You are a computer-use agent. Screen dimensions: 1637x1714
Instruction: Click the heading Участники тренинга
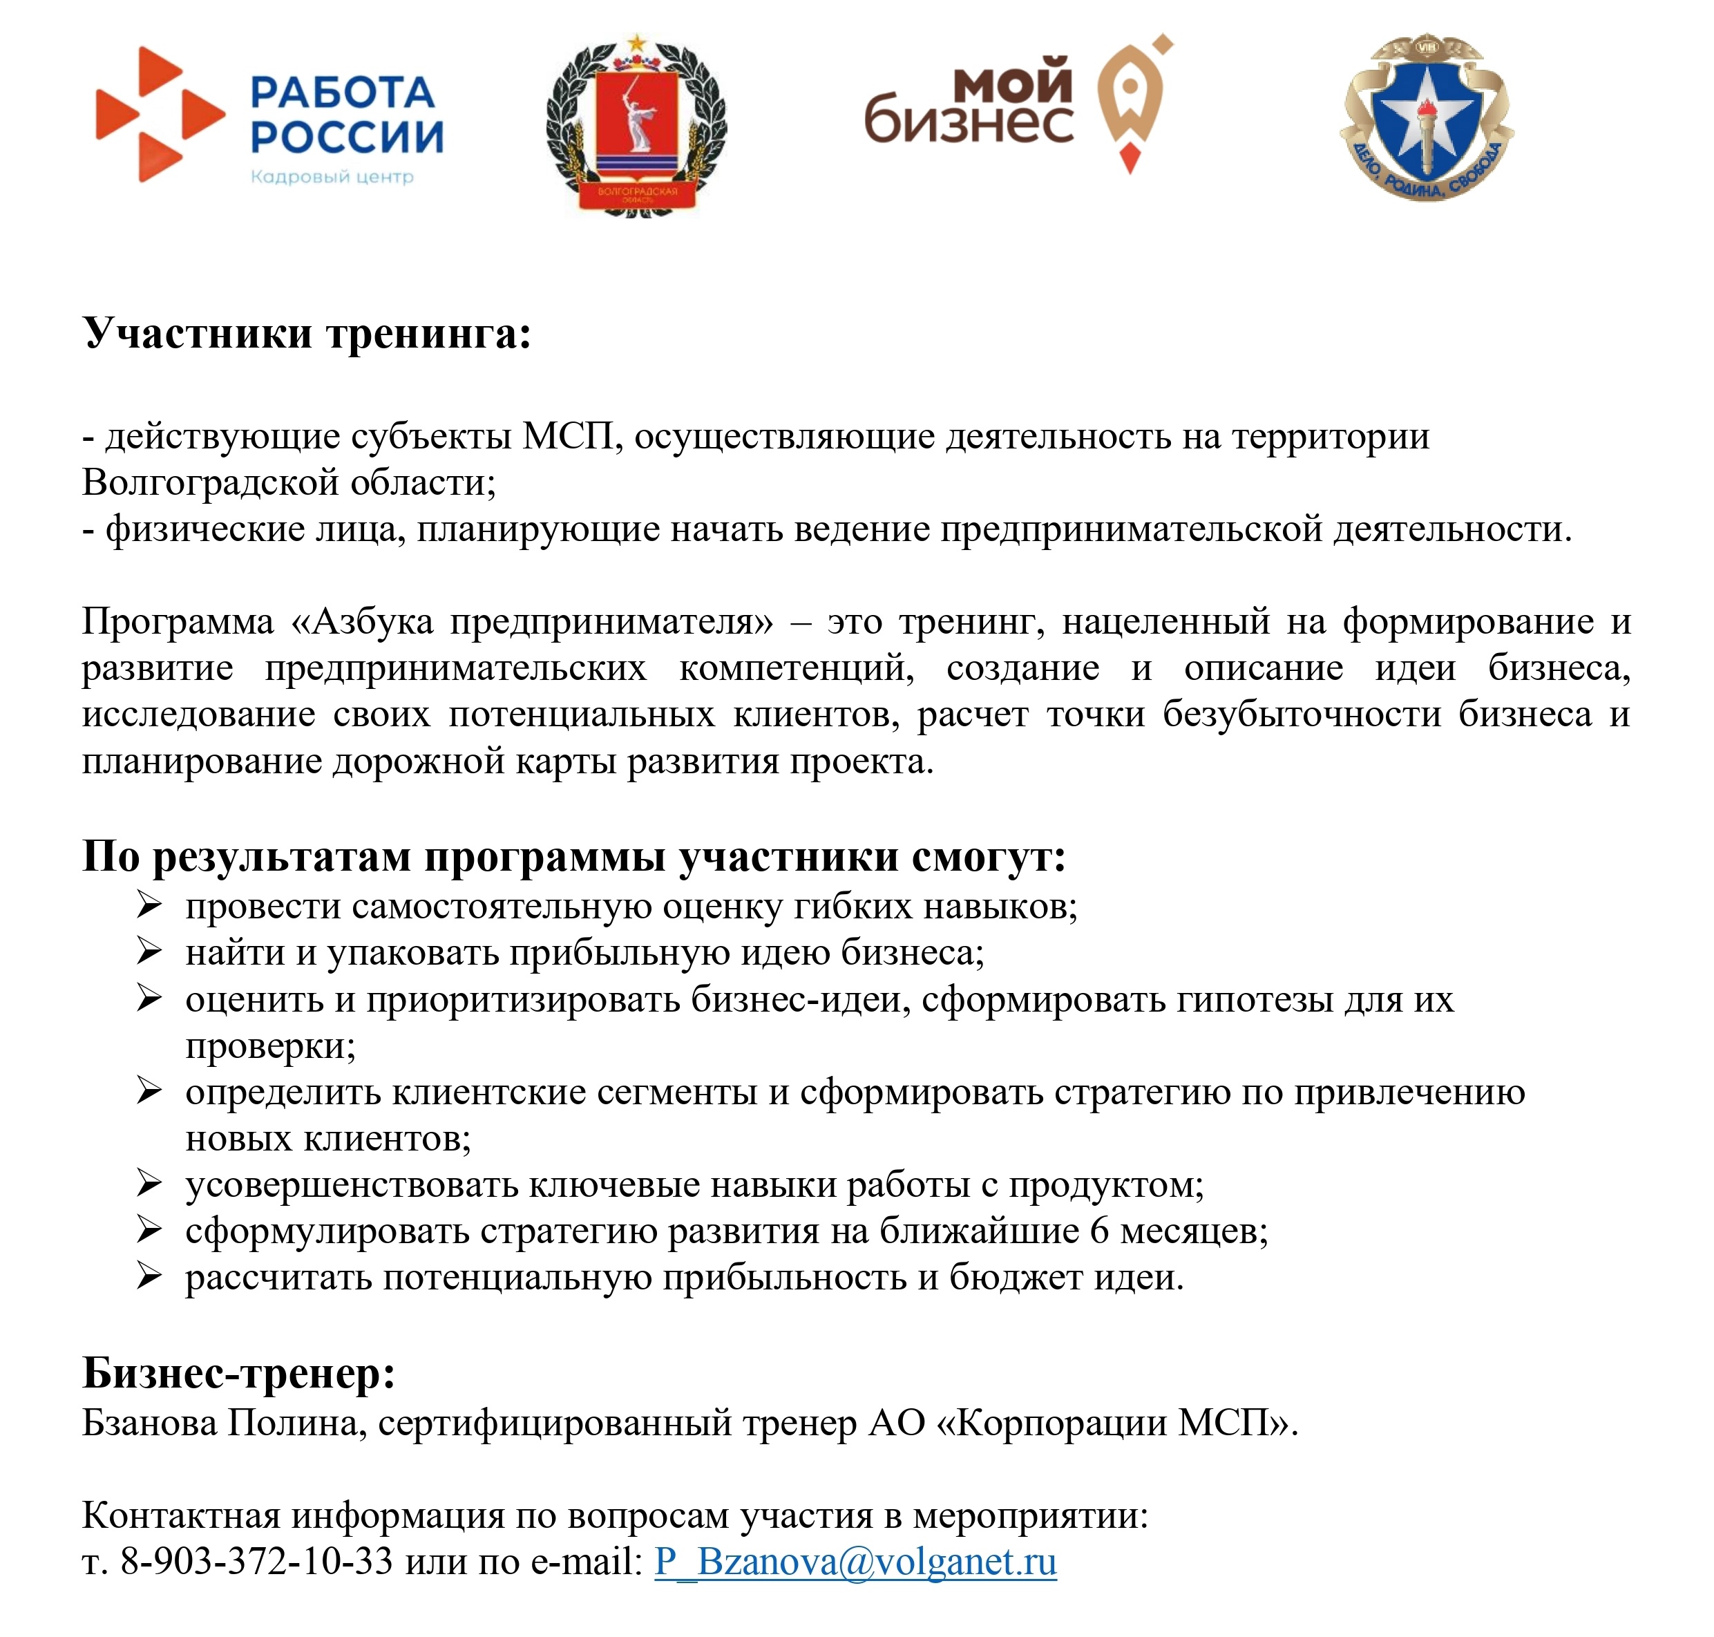pos(307,333)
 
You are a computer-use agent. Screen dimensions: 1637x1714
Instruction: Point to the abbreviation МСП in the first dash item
pos(568,436)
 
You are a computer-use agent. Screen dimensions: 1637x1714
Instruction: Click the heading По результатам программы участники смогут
pos(574,856)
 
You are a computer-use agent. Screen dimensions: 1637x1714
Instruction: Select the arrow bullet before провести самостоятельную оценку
pos(149,905)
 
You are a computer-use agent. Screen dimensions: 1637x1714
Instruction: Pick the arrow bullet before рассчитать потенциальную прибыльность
pos(149,1276)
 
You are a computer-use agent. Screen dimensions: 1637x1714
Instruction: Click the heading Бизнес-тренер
pos(239,1372)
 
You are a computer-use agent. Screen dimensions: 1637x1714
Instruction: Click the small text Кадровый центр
pos(332,177)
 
